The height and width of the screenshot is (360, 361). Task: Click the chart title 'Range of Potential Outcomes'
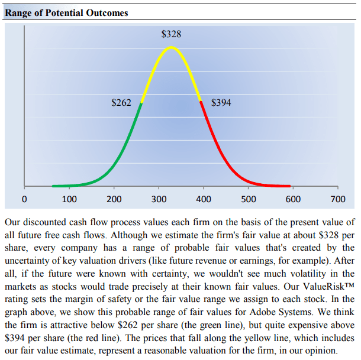66,12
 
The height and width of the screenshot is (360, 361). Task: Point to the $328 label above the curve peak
172,34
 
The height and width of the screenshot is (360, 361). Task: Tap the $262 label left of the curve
121,103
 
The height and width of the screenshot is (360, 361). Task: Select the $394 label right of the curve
221,103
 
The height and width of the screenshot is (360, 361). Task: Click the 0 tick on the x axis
24,199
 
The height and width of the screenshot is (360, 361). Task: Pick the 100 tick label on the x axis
69,199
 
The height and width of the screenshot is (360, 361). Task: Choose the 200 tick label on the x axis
114,199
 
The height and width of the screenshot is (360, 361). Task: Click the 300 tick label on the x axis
159,199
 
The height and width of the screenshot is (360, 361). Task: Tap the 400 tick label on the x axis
204,199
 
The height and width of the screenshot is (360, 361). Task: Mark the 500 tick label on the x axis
249,199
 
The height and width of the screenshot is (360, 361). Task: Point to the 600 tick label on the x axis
293,199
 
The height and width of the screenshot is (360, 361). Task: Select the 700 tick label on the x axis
338,199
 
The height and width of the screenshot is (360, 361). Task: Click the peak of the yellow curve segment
172,47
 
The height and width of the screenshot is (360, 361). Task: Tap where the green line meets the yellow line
141,103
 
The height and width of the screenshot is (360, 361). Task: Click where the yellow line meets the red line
201,103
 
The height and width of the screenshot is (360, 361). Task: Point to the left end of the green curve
53,186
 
